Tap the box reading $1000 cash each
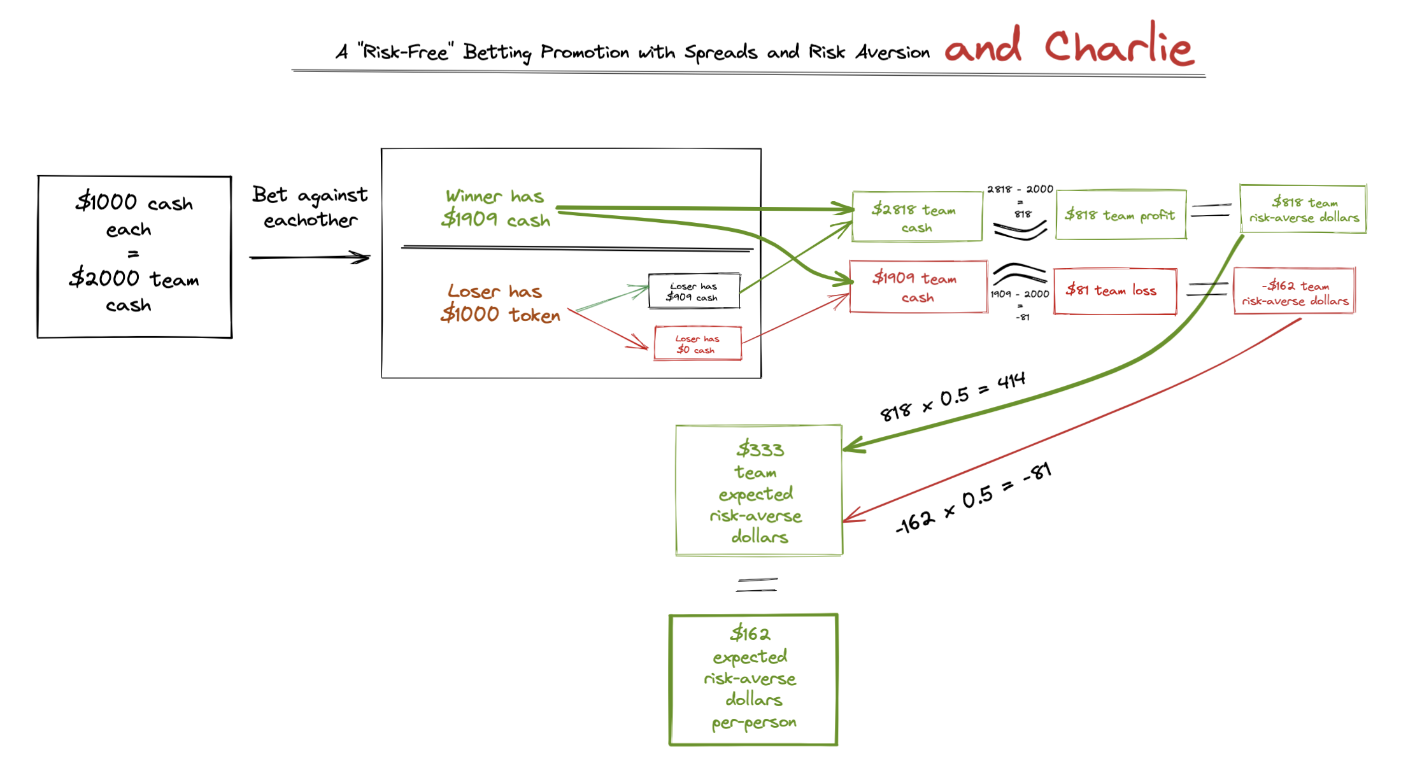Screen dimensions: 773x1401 134,256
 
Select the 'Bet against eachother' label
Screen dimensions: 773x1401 310,207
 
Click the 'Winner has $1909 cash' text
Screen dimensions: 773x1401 495,208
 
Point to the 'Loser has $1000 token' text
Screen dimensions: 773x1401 501,303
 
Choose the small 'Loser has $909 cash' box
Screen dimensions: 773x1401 694,292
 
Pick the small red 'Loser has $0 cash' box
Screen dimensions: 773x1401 697,344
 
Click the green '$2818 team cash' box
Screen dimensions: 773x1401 916,216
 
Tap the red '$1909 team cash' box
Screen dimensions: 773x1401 918,287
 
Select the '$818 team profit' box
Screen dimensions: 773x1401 1120,215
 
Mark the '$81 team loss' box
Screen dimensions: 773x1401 1114,291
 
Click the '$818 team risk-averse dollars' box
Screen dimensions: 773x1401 1303,209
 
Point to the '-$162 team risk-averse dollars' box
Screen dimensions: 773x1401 1295,292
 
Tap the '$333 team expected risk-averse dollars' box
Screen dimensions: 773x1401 758,491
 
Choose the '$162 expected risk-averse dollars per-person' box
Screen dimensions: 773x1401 753,679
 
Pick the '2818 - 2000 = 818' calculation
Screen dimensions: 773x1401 1020,201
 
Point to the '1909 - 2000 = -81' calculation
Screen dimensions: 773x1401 1020,305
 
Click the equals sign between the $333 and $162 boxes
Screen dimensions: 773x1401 757,585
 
